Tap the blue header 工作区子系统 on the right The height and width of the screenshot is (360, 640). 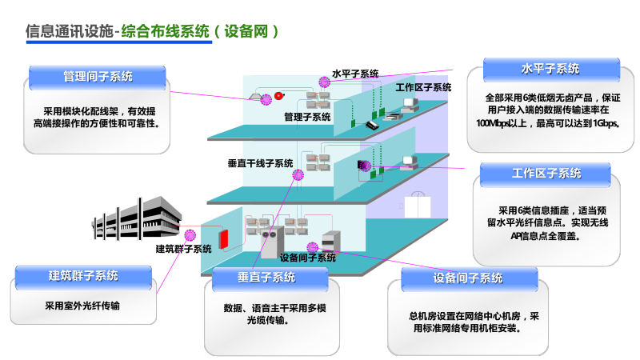point(546,174)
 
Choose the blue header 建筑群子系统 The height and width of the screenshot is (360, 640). point(83,276)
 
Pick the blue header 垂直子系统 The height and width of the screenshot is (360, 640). point(266,278)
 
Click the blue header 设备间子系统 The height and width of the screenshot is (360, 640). point(468,278)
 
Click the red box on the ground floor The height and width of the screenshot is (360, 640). point(226,238)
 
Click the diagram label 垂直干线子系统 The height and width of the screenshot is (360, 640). point(260,163)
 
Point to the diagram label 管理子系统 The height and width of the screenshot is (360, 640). point(307,117)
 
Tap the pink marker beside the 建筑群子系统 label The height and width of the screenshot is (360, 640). point(190,234)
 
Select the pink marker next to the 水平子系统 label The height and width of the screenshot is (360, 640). point(323,80)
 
